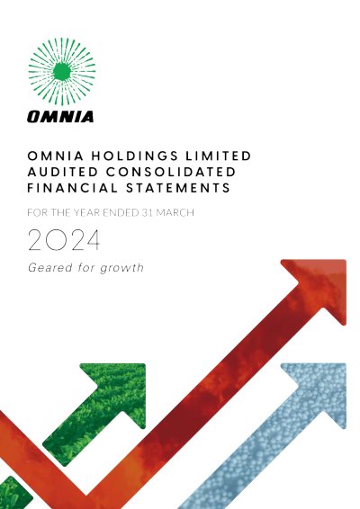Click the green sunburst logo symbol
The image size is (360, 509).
(62, 71)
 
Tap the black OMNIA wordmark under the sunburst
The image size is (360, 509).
(60, 117)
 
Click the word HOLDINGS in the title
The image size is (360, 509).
(134, 156)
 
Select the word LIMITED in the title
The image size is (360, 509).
(219, 156)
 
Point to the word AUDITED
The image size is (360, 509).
(63, 172)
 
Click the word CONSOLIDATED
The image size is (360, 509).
(171, 172)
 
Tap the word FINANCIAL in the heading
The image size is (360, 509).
(73, 188)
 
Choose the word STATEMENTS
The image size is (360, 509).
(178, 188)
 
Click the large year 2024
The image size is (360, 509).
(64, 240)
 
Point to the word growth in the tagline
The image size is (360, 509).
(121, 269)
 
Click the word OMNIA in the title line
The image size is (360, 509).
(56, 156)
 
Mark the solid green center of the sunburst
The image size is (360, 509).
(62, 71)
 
